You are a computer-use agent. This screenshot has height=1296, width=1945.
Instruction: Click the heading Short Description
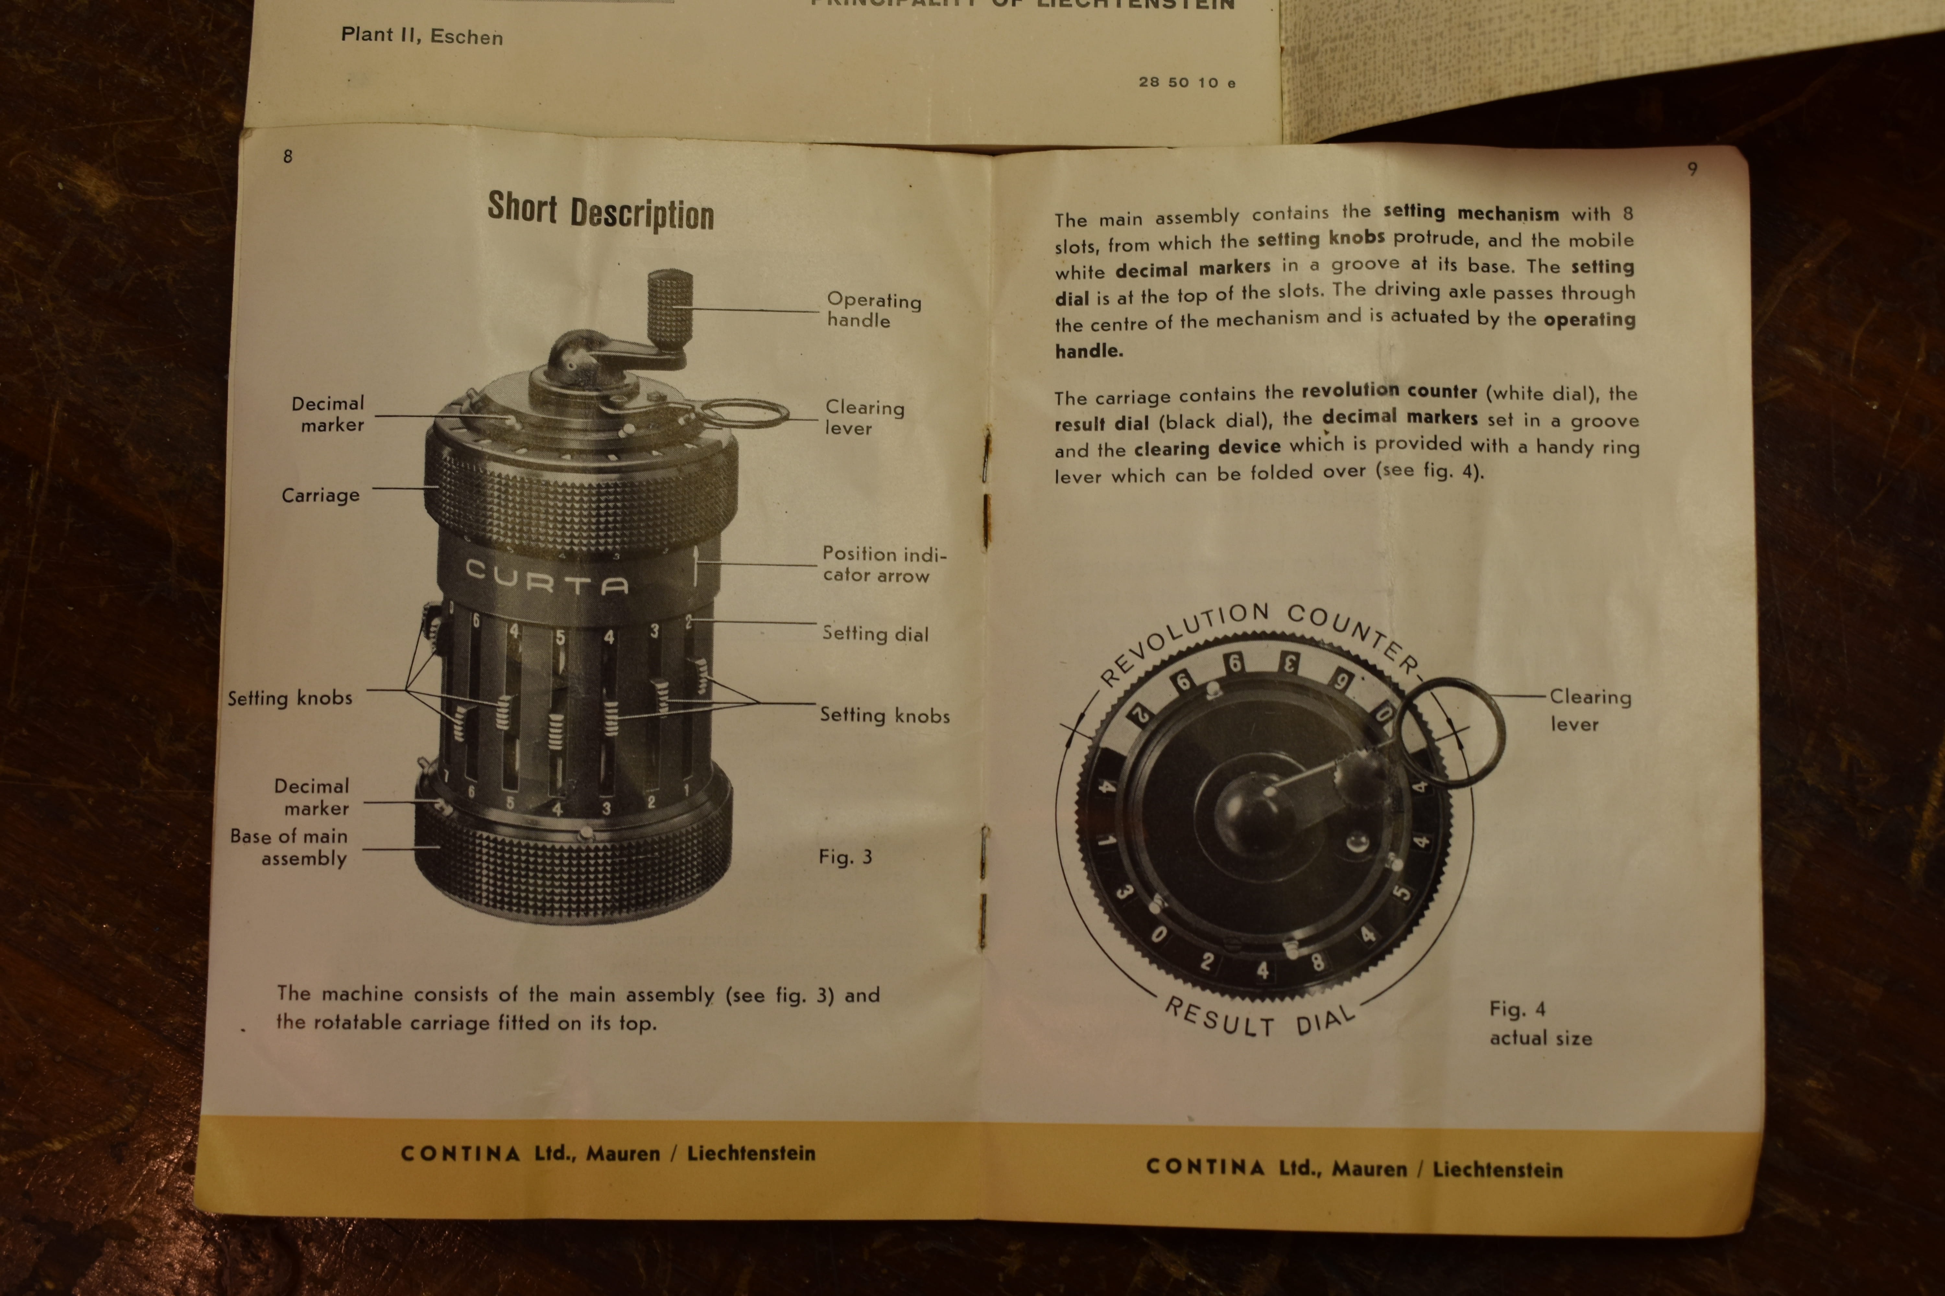tap(600, 212)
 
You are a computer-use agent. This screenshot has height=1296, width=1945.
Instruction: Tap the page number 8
tap(288, 156)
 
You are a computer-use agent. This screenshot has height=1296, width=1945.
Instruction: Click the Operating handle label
tap(873, 310)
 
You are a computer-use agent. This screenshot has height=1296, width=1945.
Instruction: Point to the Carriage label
tap(321, 495)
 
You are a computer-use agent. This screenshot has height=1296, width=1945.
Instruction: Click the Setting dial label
tap(875, 634)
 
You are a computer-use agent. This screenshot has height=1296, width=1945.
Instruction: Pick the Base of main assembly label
tap(289, 847)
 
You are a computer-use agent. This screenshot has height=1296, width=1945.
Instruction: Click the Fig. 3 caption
tap(845, 857)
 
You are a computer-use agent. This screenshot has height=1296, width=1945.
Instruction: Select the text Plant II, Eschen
tap(422, 36)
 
